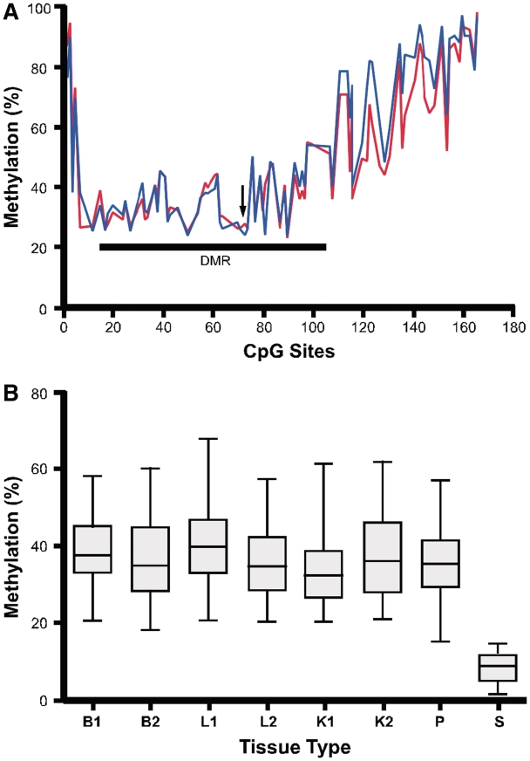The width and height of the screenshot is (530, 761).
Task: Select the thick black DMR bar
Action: click(x=213, y=247)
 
